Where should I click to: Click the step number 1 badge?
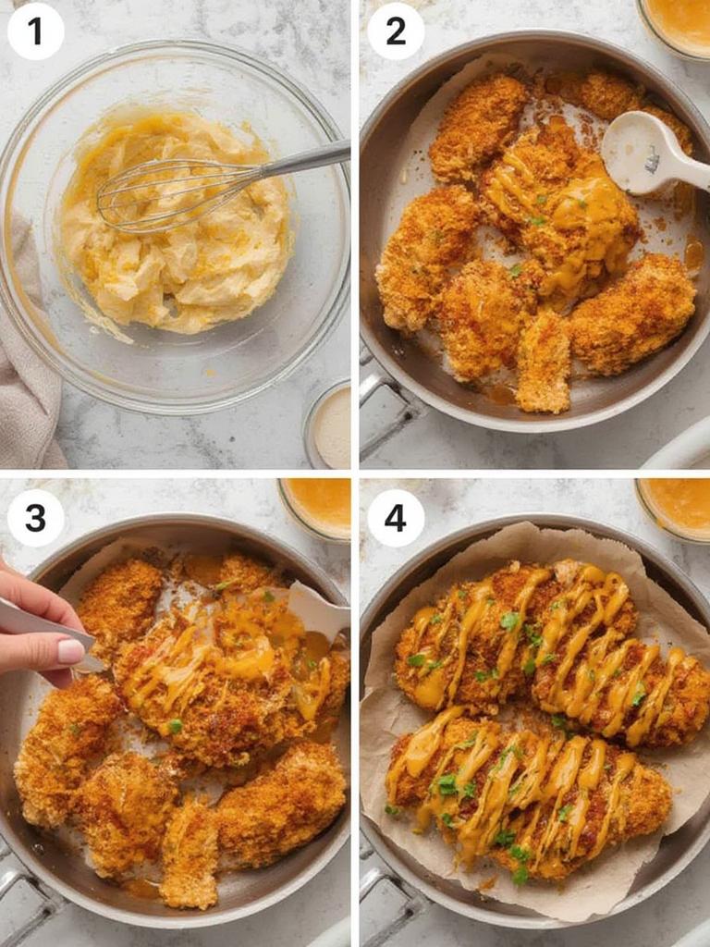[35, 31]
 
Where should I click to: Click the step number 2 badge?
[396, 31]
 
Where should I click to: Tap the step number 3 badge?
[35, 518]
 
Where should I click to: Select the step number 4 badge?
[396, 518]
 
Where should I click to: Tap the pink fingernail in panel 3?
[71, 651]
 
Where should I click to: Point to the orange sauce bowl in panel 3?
[317, 504]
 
